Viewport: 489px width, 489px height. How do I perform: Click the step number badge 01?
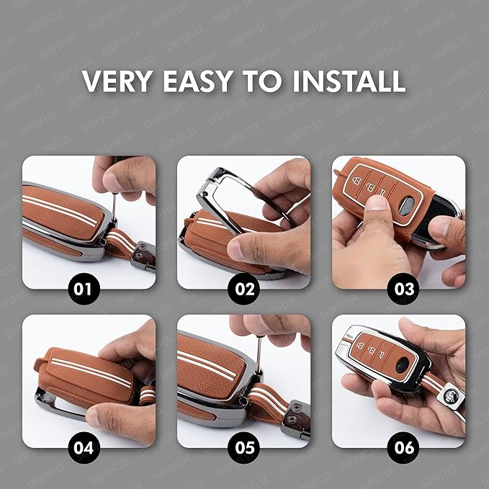[84, 290]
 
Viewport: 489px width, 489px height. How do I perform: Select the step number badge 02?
[245, 290]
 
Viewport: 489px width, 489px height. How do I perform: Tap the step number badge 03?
[405, 290]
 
